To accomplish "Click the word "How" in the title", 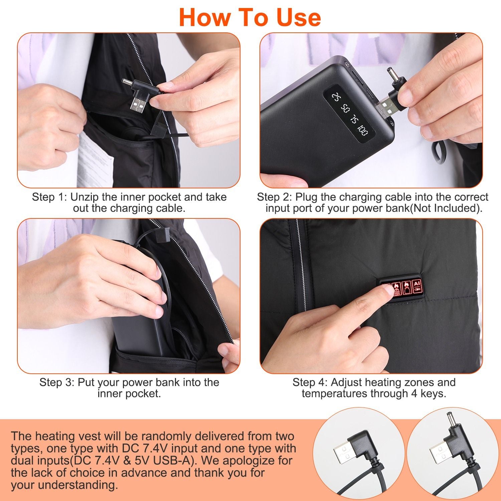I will pos(203,17).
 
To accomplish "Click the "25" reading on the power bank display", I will pos(335,97).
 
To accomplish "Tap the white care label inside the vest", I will pos(95,160).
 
